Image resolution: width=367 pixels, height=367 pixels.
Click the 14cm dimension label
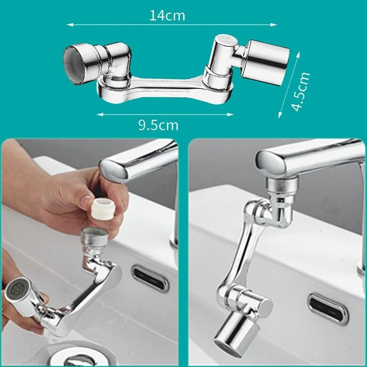coord(167,16)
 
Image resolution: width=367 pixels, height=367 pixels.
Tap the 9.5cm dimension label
coord(158,125)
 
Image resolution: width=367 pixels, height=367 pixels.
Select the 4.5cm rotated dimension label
coord(301,92)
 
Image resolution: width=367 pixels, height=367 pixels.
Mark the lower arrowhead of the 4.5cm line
coord(280,115)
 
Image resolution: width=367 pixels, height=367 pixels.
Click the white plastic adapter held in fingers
coord(103,209)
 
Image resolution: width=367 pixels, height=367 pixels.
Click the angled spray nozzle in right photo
coord(236,334)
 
